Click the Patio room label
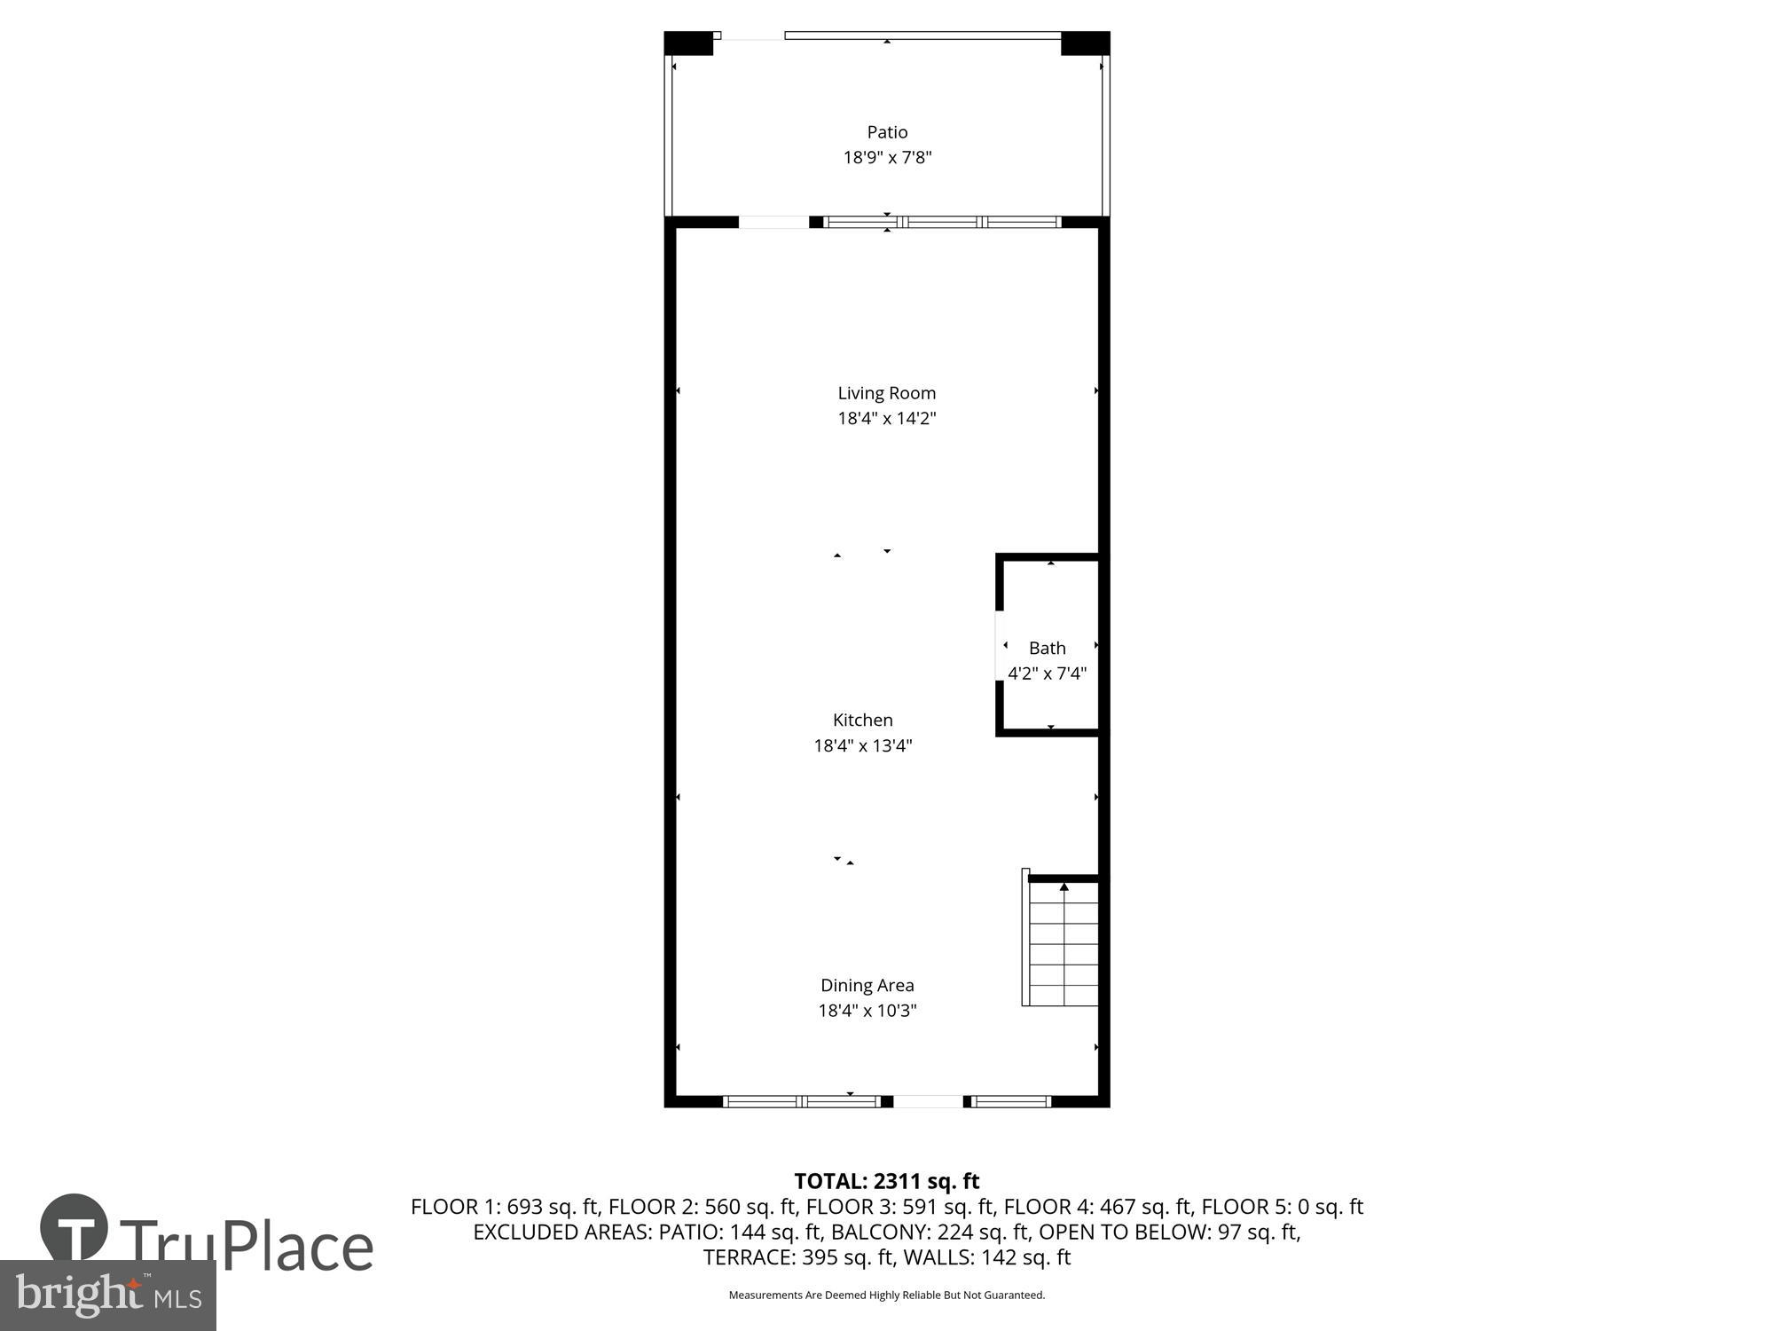pos(887,132)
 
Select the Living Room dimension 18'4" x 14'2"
pos(887,418)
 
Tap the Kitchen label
pos(862,720)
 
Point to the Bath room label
pos(1047,648)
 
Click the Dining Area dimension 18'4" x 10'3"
pos(867,1010)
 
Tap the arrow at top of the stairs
pos(1064,886)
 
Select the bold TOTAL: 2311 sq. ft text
pos(886,1181)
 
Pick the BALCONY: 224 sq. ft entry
pos(930,1232)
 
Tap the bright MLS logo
pos(107,1296)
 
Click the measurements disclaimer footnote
pos(886,1296)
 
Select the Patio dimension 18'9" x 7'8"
pos(887,158)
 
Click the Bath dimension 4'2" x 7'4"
pos(1047,673)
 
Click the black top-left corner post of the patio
pos(688,43)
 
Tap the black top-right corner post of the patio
pos(1085,43)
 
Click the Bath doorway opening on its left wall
pos(1000,645)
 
